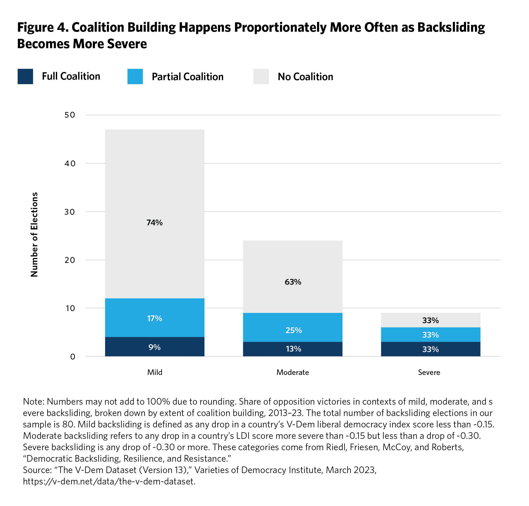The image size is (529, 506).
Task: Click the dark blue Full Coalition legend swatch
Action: [25, 77]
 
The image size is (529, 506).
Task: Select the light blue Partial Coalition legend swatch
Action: [135, 77]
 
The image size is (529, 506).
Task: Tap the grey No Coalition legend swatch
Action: [261, 77]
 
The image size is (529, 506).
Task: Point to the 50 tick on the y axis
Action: [70, 115]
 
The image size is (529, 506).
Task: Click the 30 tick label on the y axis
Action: [70, 212]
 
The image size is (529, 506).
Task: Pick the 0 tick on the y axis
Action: [73, 357]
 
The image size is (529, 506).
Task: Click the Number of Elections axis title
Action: [34, 234]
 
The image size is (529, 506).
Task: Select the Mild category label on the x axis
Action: [155, 372]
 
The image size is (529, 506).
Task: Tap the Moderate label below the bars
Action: [293, 372]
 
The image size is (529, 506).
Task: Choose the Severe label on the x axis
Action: [429, 372]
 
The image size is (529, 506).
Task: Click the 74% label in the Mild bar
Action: [154, 222]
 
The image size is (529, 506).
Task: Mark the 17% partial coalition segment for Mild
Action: [154, 318]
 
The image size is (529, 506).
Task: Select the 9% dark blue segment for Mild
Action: [154, 347]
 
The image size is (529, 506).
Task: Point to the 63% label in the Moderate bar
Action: [293, 282]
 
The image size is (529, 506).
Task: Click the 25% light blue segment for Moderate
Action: [293, 330]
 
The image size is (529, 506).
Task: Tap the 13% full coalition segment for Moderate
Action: [293, 349]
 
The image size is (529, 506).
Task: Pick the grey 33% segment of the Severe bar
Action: [430, 320]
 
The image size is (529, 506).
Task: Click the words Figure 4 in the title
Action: [42, 27]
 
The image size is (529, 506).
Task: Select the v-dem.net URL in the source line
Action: [109, 481]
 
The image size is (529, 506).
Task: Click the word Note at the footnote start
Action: [34, 401]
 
